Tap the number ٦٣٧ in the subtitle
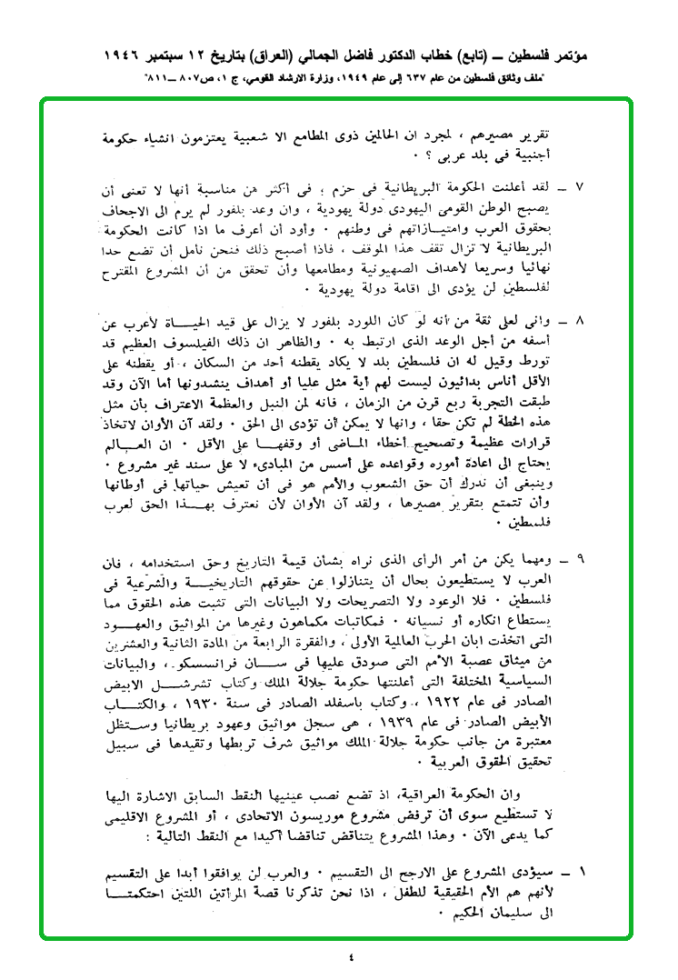(x=417, y=79)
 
